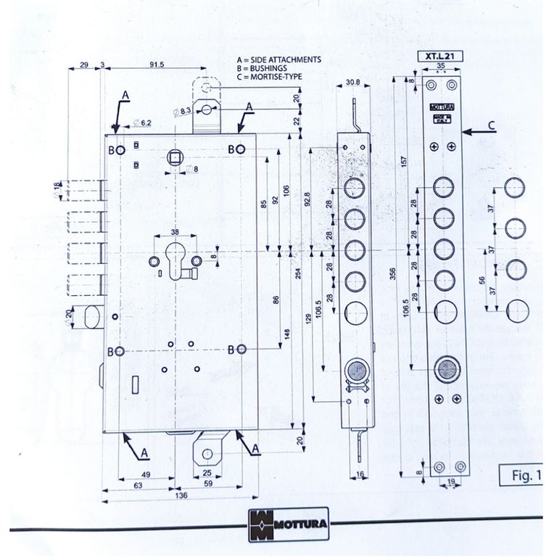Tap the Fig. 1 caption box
[x=522, y=476]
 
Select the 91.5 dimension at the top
[x=157, y=65]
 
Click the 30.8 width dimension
[x=353, y=82]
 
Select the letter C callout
[x=491, y=125]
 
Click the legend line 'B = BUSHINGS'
[x=262, y=67]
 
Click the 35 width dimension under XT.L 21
[x=441, y=65]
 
